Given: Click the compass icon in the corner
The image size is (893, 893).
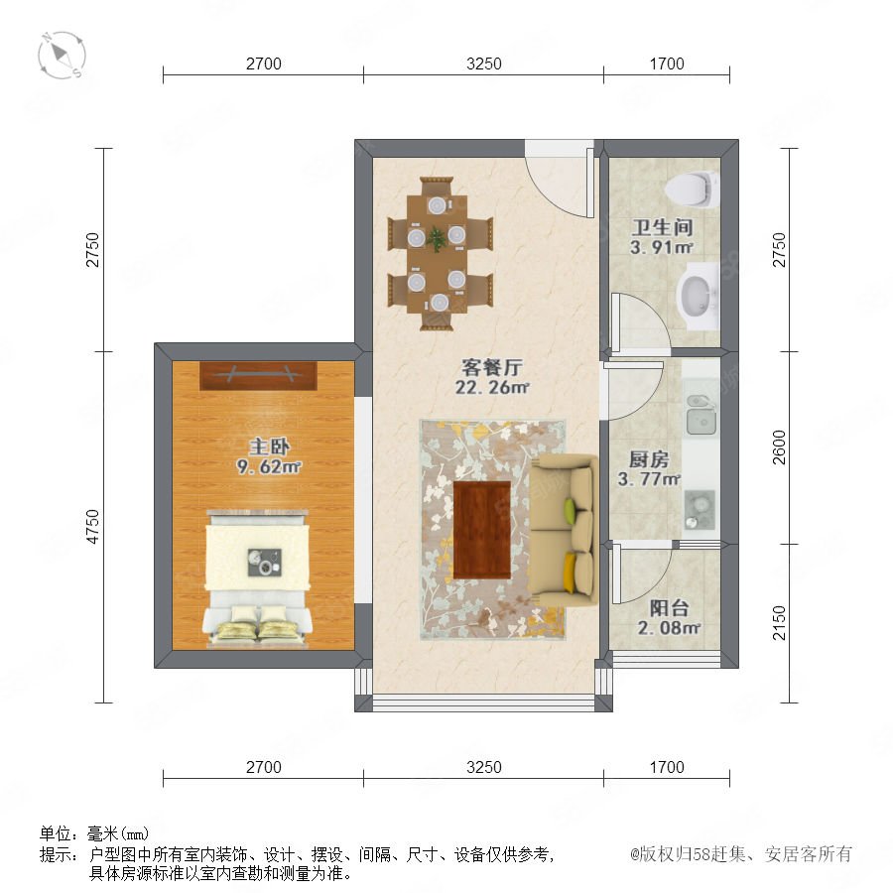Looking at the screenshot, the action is (62, 56).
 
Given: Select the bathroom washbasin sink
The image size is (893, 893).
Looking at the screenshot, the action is (697, 296).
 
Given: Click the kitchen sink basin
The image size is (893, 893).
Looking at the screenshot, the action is (702, 415).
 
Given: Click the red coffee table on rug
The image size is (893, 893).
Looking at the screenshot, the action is (482, 530).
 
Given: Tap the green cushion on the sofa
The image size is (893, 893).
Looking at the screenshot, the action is (571, 505).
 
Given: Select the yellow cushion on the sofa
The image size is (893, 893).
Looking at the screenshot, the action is (570, 574).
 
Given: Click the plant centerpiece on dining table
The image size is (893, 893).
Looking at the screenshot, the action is (437, 238).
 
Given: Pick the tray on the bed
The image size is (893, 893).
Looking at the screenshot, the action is (264, 563).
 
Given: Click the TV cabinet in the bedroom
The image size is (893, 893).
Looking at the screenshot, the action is (258, 376).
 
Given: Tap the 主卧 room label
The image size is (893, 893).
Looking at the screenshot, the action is (269, 446).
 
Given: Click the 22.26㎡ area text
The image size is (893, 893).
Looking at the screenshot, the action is (492, 387).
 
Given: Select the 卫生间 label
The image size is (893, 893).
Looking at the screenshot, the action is (662, 227).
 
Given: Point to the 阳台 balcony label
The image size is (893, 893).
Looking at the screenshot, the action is (669, 607).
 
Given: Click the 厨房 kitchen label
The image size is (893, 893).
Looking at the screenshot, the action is (649, 459).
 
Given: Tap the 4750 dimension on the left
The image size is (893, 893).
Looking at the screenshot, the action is (92, 527).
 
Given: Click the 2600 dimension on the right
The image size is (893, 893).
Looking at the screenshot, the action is (779, 447).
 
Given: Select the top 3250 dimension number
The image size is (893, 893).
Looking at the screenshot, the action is (484, 64).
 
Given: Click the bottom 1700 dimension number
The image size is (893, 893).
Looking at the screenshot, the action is (667, 767).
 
